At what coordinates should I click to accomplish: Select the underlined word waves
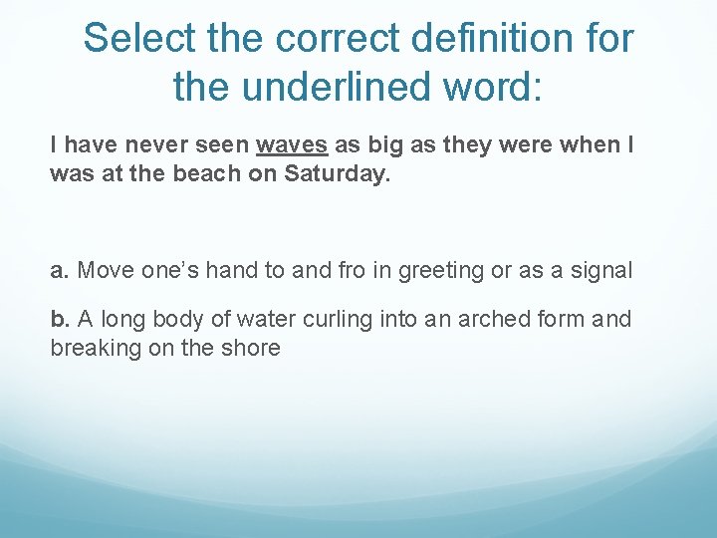[x=292, y=145]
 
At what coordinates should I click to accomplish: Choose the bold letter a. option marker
[x=60, y=270]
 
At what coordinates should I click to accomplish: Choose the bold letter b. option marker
[x=60, y=320]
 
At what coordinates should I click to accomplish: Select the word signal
[x=600, y=270]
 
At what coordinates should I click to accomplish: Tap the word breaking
[x=95, y=348]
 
